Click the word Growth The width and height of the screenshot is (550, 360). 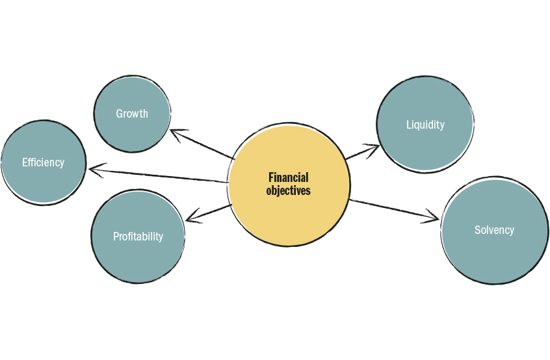(x=132, y=114)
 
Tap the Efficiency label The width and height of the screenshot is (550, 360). (x=44, y=162)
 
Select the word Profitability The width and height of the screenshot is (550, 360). (x=138, y=237)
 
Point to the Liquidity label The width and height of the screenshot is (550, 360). (x=425, y=125)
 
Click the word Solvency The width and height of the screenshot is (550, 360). (x=494, y=230)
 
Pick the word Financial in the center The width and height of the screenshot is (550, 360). (x=288, y=177)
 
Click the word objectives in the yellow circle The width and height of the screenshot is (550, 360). (x=288, y=191)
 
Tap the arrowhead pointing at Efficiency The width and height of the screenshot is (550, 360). (x=93, y=170)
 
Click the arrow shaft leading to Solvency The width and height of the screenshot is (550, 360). (x=390, y=209)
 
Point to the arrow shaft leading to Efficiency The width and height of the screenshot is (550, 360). (x=163, y=175)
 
